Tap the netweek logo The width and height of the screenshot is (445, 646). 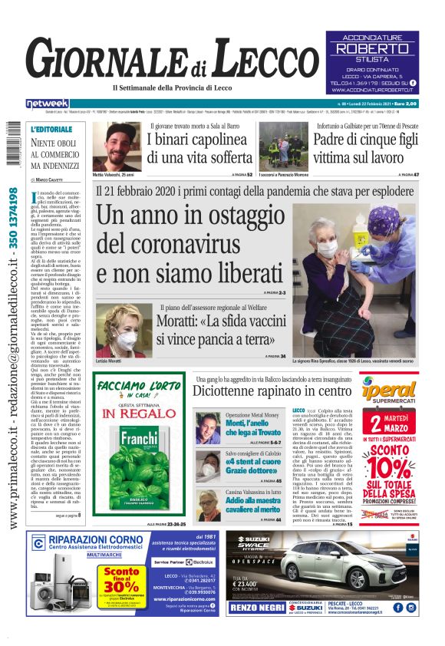click(x=47, y=104)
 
